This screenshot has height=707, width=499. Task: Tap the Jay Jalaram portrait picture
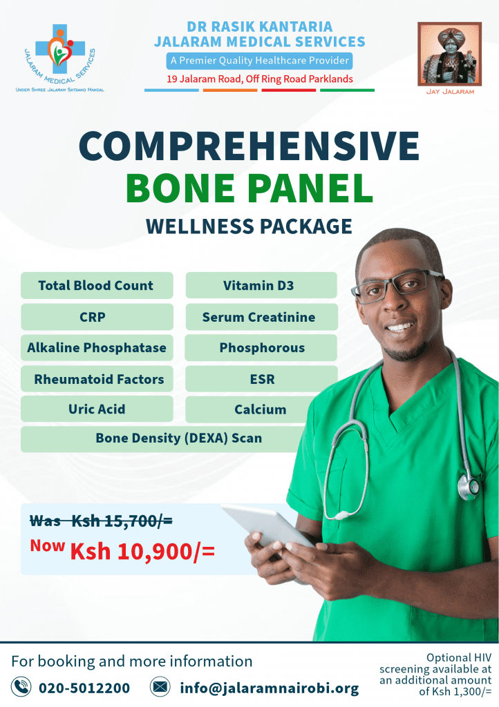click(449, 54)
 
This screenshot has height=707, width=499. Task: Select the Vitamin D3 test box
click(261, 285)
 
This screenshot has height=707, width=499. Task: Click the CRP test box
click(97, 316)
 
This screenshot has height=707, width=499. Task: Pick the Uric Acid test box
click(97, 409)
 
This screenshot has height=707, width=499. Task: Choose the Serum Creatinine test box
click(262, 316)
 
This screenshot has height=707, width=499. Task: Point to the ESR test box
click(262, 379)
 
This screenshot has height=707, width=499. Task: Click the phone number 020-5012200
click(84, 688)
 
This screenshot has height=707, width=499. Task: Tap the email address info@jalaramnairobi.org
click(270, 688)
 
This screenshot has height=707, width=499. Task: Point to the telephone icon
click(21, 687)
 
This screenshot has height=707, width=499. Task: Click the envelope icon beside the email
click(160, 687)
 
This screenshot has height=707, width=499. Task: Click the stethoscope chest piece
click(469, 487)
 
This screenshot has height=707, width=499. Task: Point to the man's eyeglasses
click(397, 286)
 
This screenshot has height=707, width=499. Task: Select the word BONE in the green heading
click(180, 188)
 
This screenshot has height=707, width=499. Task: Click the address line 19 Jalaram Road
click(260, 79)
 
